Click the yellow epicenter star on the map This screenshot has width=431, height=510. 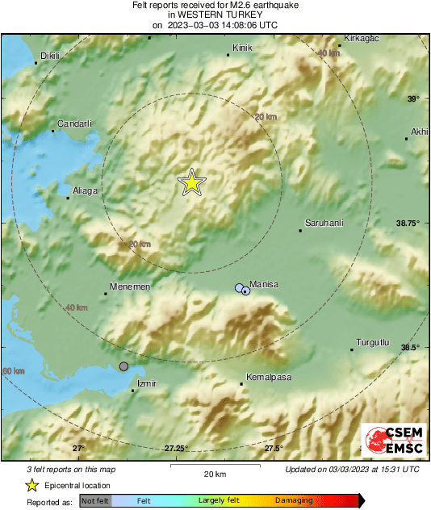[x=192, y=182]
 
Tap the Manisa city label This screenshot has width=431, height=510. [x=264, y=285]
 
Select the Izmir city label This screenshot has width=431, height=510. [x=146, y=384]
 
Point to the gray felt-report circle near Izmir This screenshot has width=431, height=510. [x=123, y=366]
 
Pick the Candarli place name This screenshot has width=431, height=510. [x=73, y=124]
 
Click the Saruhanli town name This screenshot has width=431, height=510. [x=324, y=223]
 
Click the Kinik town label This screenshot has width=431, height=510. [x=242, y=49]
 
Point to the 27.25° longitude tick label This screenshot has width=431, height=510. [x=176, y=449]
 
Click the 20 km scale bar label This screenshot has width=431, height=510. [x=214, y=474]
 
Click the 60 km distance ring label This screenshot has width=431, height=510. [x=13, y=370]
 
